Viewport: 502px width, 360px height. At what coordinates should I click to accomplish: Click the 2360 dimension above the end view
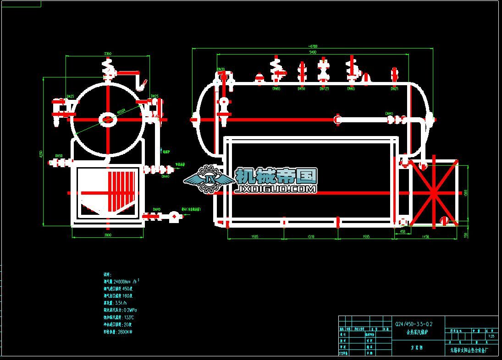coord(108,54)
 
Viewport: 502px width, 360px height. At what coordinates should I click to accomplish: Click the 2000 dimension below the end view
coord(108,235)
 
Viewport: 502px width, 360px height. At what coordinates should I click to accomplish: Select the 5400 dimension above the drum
coord(313,52)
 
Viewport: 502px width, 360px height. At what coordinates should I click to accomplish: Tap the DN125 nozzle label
coord(324,88)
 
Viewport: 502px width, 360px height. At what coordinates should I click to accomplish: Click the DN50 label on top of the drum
coord(301,88)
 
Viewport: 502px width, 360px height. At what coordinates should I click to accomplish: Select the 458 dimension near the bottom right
coord(402,232)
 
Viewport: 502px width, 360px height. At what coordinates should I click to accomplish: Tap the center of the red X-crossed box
coord(433,193)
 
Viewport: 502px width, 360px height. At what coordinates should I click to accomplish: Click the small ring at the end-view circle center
coord(108,120)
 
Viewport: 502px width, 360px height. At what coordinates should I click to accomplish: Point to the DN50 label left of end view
coord(59,156)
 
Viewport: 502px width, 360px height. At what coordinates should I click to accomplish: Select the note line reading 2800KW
coord(118,332)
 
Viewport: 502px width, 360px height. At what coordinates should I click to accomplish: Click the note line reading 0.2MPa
coord(119,310)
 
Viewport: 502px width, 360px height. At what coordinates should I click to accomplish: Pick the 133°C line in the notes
coord(119,317)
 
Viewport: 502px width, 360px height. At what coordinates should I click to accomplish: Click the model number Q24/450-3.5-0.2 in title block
coord(414,324)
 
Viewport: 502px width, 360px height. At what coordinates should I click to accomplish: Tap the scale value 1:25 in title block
coord(491,336)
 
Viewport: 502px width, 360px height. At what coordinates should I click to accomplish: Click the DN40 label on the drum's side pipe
coord(389,114)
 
